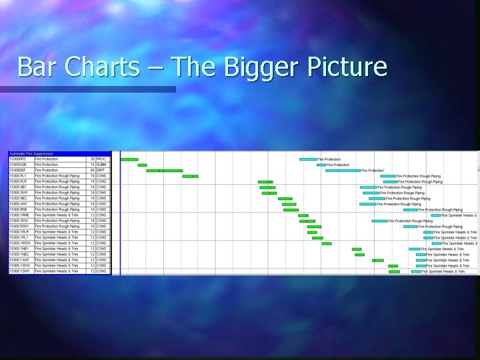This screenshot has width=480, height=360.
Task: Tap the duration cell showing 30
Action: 93,159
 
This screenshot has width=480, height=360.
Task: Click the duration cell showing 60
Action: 93,171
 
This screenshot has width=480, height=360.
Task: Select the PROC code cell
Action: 101,159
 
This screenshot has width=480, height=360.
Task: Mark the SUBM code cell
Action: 101,165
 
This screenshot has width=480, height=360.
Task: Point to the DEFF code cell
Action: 101,171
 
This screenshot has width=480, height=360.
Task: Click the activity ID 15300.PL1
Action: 18,176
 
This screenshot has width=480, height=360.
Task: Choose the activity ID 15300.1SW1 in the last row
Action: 19,271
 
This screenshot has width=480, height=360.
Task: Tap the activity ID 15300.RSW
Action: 19,227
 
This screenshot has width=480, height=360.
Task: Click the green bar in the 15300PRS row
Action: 129,159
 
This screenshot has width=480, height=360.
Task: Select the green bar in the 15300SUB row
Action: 142,165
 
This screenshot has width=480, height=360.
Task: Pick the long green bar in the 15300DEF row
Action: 164,171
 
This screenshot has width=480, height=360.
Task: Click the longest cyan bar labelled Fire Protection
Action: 343,171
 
